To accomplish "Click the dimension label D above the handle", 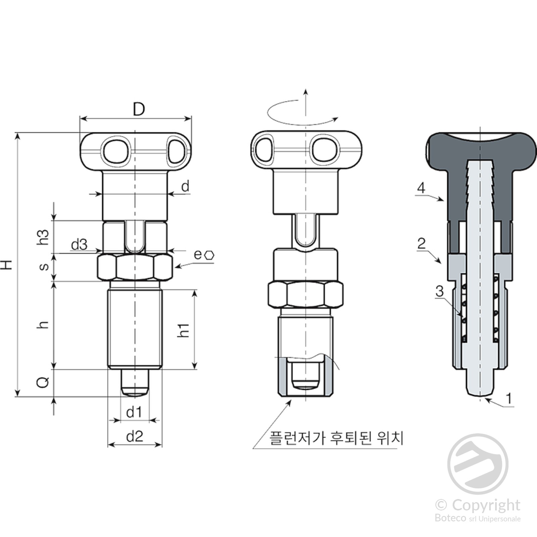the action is click(x=139, y=109).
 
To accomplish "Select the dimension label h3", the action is click(x=43, y=237).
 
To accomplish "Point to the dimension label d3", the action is click(x=79, y=245).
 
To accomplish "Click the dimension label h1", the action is click(x=184, y=330).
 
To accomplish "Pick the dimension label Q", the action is click(x=43, y=382).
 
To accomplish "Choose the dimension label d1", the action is click(x=134, y=412).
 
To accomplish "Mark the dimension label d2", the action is click(x=135, y=436).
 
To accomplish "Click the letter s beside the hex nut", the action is click(x=44, y=267).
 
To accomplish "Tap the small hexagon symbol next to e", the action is click(x=209, y=255).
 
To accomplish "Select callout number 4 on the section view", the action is click(x=421, y=188).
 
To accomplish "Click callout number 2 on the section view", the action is click(x=421, y=243).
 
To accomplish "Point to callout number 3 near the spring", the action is click(x=439, y=291).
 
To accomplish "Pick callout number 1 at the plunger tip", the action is click(x=509, y=399).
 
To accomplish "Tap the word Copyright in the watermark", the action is click(x=486, y=504).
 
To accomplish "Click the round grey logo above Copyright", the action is click(x=478, y=464).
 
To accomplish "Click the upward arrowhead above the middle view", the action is click(x=305, y=92).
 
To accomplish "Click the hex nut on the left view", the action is click(x=135, y=267).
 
